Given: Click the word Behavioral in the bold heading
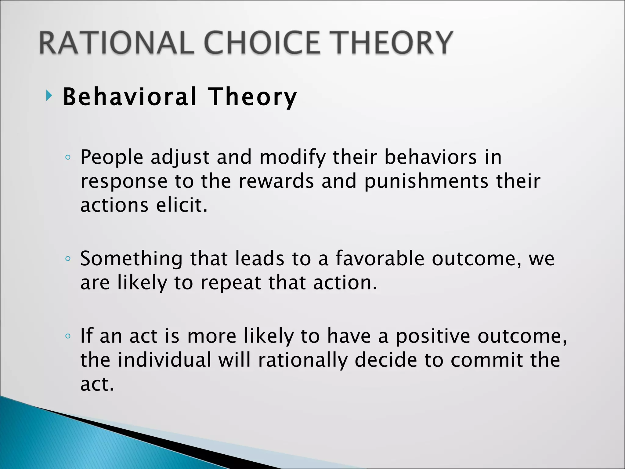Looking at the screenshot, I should coord(129,97).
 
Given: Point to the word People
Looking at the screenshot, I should coord(112,158).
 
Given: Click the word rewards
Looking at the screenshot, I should coord(276,181).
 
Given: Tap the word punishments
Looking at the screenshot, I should coord(426,181).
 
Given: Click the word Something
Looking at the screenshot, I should coord(131,259).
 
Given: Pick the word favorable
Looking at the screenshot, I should coord(380,259).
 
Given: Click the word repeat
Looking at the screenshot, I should coord(231,283).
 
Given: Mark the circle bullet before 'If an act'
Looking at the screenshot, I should coord(68,336).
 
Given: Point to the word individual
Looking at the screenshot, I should coord(164,360).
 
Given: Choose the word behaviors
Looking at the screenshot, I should coord(430,158).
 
